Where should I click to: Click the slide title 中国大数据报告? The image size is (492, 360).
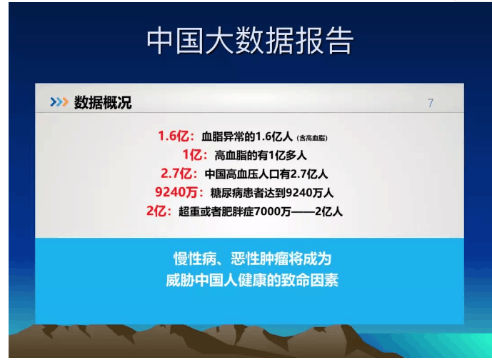coord(251,41)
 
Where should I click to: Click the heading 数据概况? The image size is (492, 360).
coord(103,102)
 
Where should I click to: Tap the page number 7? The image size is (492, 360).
coord(431,103)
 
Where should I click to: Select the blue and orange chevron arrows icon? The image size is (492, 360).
coord(59,102)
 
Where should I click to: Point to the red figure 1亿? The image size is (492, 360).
coord(192,155)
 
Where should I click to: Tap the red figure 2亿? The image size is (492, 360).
coord(156,211)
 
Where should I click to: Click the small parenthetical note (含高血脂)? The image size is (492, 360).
coord(312,138)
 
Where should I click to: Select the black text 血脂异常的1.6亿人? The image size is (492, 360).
coord(247,137)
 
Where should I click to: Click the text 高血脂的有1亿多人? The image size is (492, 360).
coord(261,156)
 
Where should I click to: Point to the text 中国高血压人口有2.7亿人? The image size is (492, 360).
coord(266,174)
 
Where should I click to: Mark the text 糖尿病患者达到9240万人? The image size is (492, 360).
coord(272,193)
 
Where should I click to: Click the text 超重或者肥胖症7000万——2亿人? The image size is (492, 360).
coord(261,211)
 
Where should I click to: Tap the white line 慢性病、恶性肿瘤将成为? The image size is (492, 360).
coord(253,259)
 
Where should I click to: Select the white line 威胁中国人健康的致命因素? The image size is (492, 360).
coord(252,280)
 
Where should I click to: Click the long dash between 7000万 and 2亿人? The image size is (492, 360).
coord(303,212)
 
